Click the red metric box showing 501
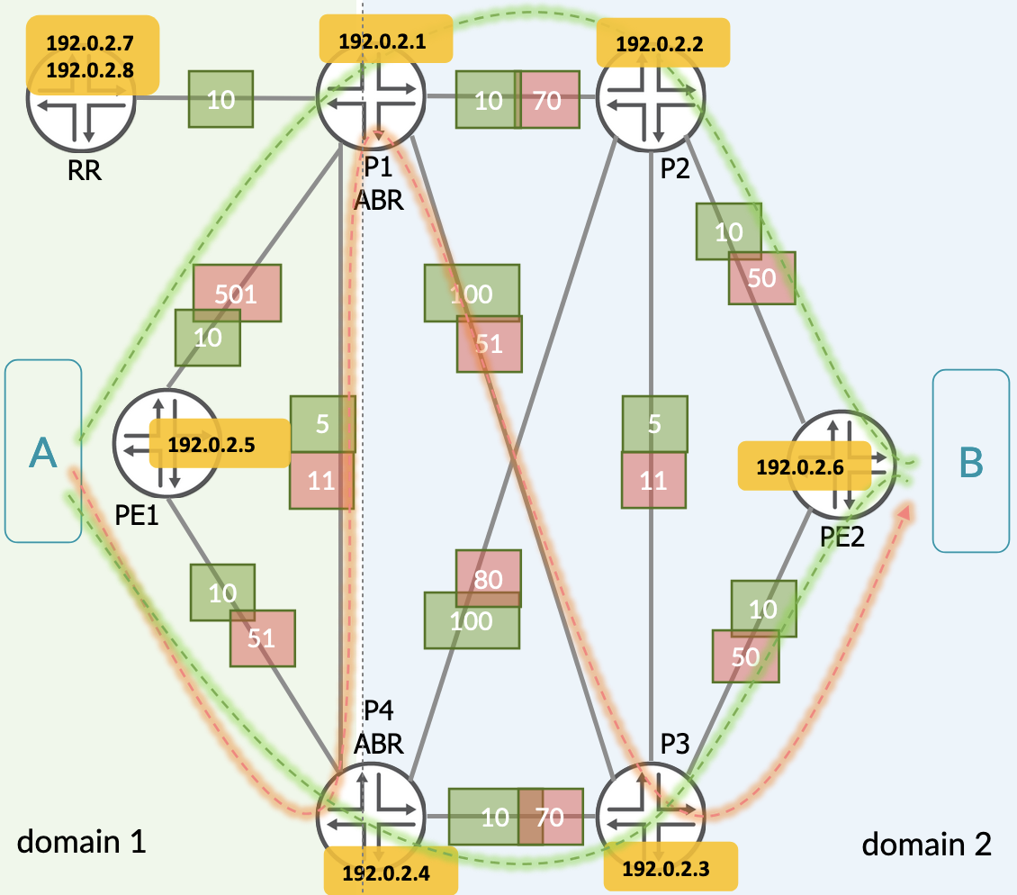click(x=238, y=293)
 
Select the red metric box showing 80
click(x=488, y=579)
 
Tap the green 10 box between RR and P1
click(x=220, y=99)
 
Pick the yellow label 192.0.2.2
click(x=660, y=43)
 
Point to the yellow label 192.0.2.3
click(x=669, y=868)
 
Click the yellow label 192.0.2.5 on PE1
click(x=219, y=443)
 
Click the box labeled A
click(x=43, y=451)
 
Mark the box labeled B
click(x=971, y=461)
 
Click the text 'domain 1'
click(x=82, y=842)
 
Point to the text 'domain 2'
click(x=927, y=844)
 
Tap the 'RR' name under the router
click(x=83, y=170)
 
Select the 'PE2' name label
click(x=842, y=538)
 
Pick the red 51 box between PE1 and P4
click(x=262, y=638)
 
